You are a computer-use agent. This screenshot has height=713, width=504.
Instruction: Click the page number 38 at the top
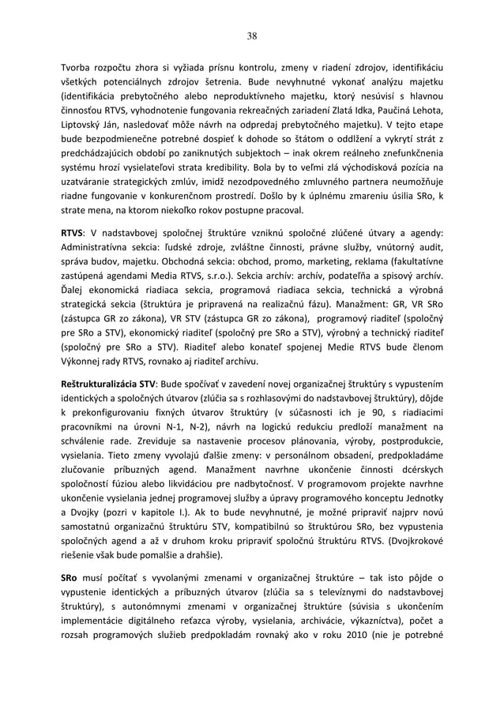point(252,36)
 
